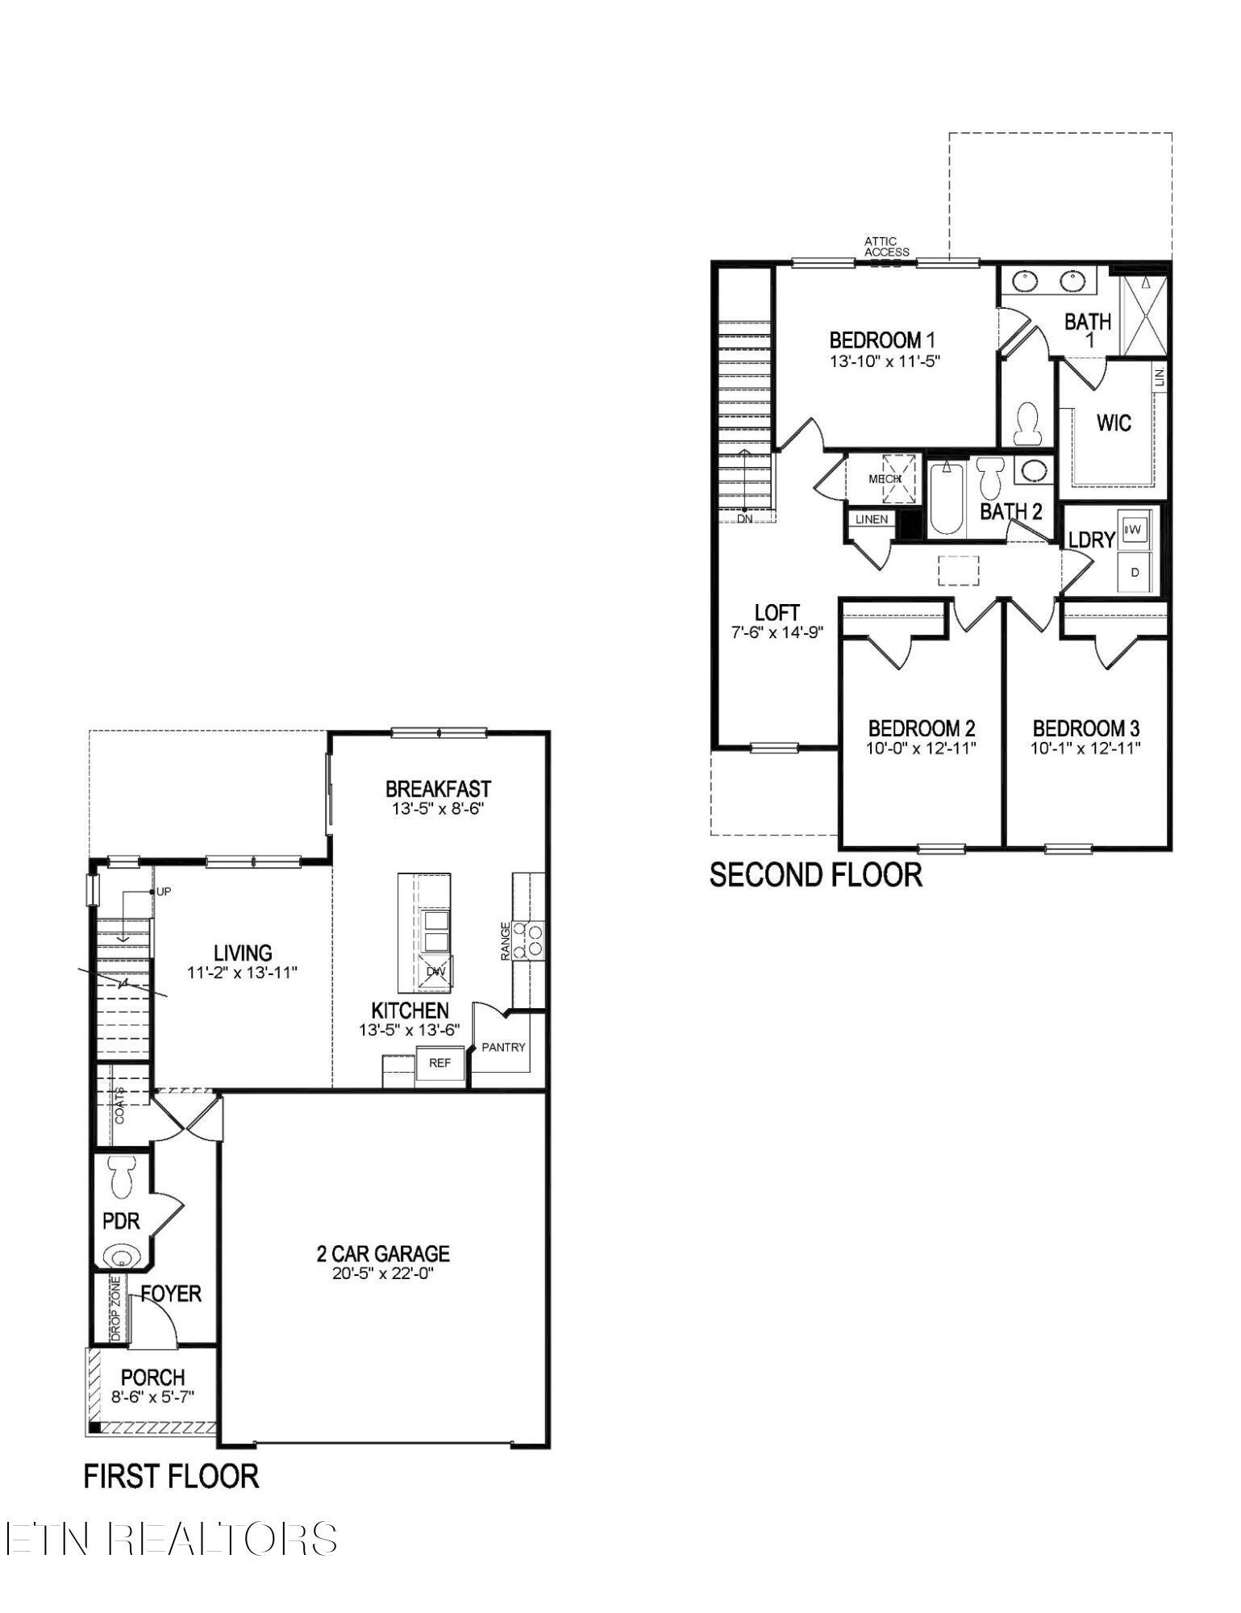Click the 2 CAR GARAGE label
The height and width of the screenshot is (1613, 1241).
pyautogui.click(x=383, y=1253)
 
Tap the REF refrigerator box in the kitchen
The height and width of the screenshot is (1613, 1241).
pyautogui.click(x=439, y=1063)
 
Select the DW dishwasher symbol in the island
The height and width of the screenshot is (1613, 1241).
pyautogui.click(x=435, y=971)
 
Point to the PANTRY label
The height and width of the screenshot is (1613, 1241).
pyautogui.click(x=503, y=1047)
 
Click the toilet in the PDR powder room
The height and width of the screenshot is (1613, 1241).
pyautogui.click(x=123, y=1178)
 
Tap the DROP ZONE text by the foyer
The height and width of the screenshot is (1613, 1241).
pyautogui.click(x=115, y=1308)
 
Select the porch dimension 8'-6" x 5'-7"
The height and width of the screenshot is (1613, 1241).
pyautogui.click(x=153, y=1397)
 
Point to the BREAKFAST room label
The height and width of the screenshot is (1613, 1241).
pyautogui.click(x=438, y=788)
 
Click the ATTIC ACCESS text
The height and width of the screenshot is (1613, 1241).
pyautogui.click(x=886, y=246)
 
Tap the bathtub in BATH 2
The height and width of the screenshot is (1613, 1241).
pyautogui.click(x=947, y=498)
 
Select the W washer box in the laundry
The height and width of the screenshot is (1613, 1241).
pyautogui.click(x=1134, y=529)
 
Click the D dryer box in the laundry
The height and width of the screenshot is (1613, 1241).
pyautogui.click(x=1135, y=573)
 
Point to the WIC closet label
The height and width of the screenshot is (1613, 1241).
pyautogui.click(x=1114, y=423)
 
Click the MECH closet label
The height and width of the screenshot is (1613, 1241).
pyautogui.click(x=884, y=478)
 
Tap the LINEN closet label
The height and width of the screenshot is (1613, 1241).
pyautogui.click(x=872, y=519)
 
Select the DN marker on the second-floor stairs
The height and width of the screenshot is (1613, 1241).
pyautogui.click(x=744, y=519)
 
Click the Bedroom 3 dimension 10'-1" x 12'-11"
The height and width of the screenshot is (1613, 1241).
pyautogui.click(x=1085, y=748)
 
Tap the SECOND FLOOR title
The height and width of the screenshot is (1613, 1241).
pyautogui.click(x=815, y=875)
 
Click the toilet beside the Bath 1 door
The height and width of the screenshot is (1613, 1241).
pyautogui.click(x=1027, y=423)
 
